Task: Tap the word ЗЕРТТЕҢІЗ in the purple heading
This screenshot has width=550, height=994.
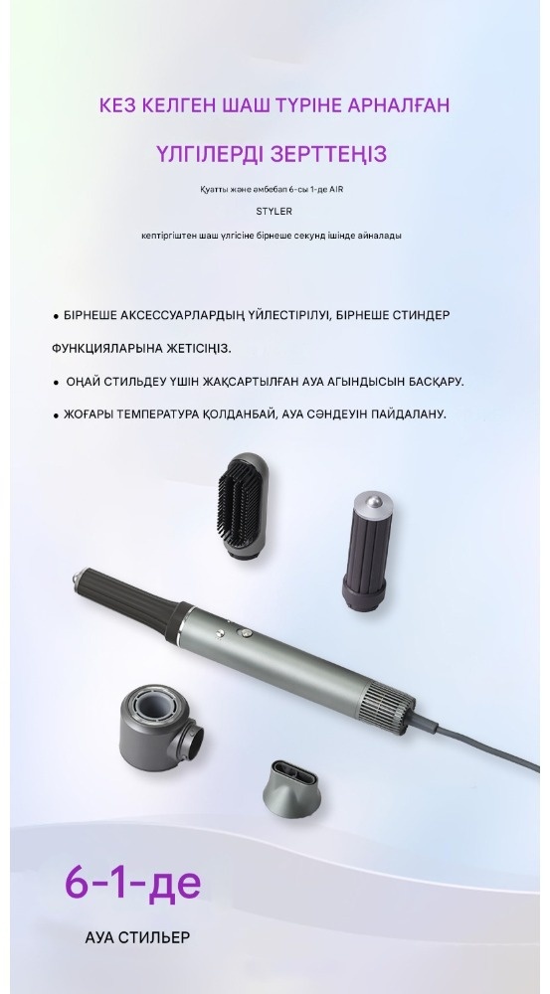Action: (328, 154)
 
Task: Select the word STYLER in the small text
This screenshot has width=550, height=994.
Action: (275, 212)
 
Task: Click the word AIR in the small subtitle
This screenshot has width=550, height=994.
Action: (336, 189)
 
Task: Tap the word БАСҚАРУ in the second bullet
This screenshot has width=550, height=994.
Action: (432, 382)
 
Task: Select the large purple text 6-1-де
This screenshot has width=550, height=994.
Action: (133, 882)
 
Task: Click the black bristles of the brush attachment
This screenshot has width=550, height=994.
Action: (239, 503)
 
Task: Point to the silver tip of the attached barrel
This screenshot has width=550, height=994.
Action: (79, 580)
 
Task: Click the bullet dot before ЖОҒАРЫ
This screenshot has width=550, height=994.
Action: (56, 415)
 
